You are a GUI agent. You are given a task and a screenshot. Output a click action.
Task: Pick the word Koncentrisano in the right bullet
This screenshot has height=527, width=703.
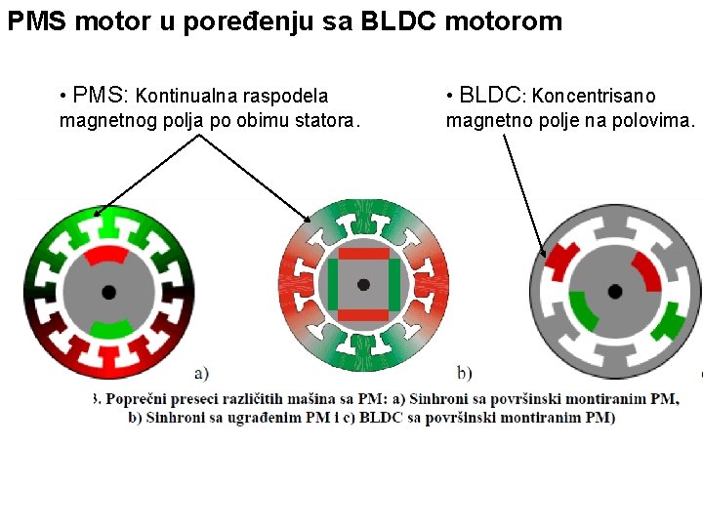click(595, 97)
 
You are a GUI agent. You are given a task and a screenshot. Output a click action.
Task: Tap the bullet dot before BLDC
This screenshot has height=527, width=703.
click(450, 96)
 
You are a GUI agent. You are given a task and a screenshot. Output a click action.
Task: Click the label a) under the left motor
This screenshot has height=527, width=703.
click(201, 372)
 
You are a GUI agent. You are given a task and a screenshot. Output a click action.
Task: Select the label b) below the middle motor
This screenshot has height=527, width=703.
click(465, 372)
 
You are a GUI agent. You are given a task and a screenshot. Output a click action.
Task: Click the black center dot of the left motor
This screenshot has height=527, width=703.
click(108, 292)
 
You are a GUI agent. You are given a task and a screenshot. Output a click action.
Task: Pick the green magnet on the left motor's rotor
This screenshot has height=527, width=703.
click(110, 327)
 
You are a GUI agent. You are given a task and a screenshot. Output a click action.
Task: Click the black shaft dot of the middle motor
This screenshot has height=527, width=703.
click(363, 284)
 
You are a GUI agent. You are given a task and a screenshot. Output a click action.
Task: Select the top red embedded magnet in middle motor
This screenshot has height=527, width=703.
click(363, 253)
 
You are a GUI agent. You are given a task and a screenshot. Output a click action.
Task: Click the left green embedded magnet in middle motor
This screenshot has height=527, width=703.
click(333, 284)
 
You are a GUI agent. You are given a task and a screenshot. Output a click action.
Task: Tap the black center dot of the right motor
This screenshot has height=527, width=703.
click(615, 291)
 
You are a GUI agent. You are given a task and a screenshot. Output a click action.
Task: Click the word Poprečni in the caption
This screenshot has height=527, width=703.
click(137, 399)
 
